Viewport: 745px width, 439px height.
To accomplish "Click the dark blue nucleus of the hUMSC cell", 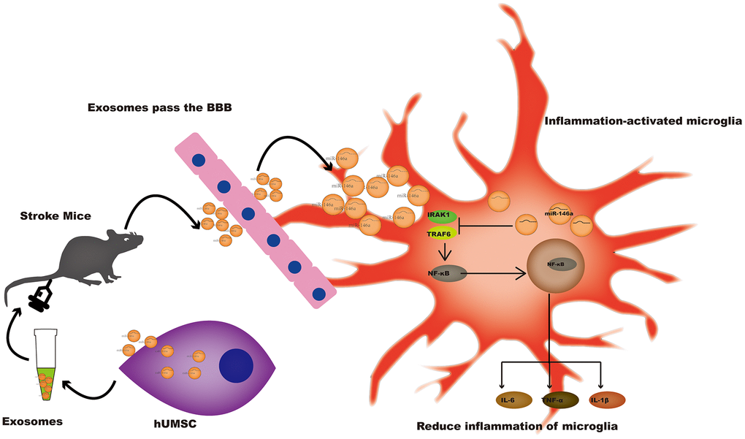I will pyautogui.click(x=236, y=365).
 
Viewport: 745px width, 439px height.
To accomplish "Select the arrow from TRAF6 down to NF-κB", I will pyautogui.click(x=443, y=253).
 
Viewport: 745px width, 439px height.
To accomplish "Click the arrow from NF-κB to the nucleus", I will pyautogui.click(x=497, y=275).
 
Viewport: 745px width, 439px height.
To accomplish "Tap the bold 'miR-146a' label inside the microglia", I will pyautogui.click(x=559, y=215).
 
